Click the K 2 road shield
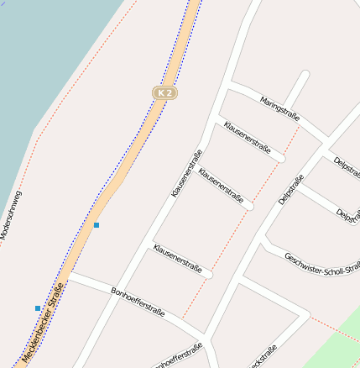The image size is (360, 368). pos(164,92)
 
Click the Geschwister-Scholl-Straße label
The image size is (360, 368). pos(323,263)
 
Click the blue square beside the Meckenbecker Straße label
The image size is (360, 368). pos(38,308)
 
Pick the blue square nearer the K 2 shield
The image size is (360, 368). pos(97,225)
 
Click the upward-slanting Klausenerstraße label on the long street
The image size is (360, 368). pos(187,173)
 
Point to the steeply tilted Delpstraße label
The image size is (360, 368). pos(291,189)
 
